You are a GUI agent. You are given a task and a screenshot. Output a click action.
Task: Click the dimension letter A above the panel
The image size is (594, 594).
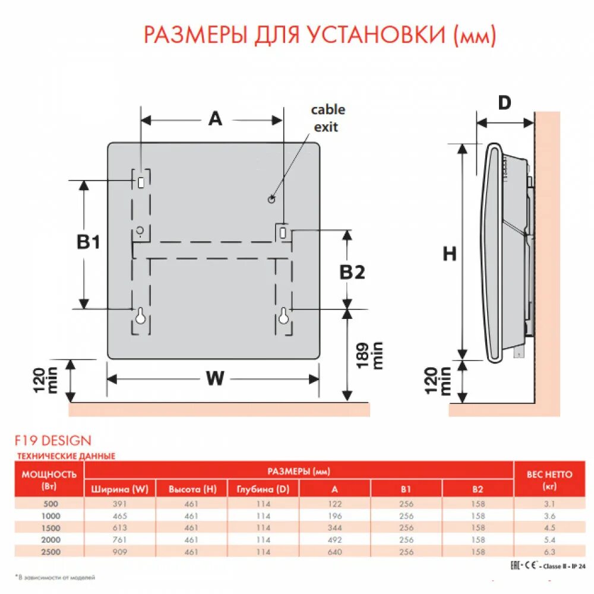coord(214,119)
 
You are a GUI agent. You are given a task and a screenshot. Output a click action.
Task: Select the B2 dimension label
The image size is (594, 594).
coord(352,272)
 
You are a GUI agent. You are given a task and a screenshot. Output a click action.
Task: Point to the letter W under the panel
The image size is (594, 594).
coord(214,378)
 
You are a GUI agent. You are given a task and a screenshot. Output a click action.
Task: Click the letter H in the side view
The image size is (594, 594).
coord(450,254)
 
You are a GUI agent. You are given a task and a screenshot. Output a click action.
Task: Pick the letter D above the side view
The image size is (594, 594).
coord(504,103)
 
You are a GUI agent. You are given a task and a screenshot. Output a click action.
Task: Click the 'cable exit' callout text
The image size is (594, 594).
coord(327,118)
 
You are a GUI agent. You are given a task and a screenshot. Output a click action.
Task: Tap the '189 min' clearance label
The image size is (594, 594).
coord(369,355)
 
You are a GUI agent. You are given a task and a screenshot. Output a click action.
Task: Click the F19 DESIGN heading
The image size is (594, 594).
coord(53,441)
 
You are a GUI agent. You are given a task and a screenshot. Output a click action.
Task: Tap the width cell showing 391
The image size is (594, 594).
coord(120,504)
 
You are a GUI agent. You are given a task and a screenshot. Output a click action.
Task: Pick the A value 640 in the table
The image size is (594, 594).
coord(334,552)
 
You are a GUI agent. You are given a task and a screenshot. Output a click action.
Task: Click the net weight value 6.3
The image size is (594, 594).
coord(549,552)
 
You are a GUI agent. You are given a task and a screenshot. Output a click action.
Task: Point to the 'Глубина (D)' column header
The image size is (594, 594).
coord(263,489)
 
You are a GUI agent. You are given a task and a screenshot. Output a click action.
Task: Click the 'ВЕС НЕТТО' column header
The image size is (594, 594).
coord(549,475)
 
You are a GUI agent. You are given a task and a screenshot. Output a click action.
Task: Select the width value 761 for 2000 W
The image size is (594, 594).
coord(120,540)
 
